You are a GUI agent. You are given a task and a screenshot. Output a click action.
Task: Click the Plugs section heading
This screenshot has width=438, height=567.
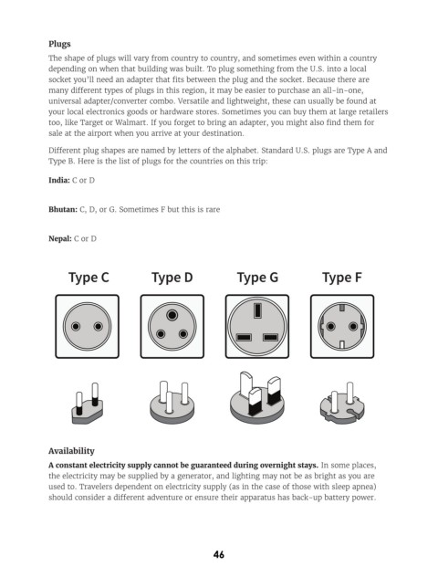(x=59, y=44)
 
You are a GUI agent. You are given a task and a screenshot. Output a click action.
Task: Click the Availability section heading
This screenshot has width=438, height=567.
(x=71, y=451)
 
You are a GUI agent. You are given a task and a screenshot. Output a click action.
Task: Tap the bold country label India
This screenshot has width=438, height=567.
(x=59, y=180)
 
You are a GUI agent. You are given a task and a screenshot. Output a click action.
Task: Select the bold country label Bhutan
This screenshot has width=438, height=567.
(x=63, y=209)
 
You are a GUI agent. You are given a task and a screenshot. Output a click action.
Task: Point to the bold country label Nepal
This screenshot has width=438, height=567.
(x=60, y=238)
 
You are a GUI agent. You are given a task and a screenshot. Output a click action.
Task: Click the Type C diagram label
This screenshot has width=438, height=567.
(x=89, y=278)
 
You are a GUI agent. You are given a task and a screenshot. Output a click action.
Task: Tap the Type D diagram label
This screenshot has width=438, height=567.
(x=172, y=278)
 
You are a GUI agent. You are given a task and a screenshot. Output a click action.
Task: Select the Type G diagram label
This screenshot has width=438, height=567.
(x=257, y=278)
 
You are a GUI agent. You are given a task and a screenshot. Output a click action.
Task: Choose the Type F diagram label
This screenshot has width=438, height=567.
(x=342, y=278)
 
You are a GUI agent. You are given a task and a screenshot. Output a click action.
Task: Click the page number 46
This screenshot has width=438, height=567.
(x=219, y=554)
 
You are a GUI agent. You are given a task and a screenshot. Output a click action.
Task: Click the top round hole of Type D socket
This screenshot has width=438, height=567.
(x=172, y=315)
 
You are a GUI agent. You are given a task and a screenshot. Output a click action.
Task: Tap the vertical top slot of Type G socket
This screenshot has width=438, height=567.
(x=257, y=310)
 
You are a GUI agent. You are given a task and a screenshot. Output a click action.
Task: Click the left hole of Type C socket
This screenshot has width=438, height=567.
(x=76, y=327)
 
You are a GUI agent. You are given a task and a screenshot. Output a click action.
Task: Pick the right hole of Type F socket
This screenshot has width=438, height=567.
(x=353, y=327)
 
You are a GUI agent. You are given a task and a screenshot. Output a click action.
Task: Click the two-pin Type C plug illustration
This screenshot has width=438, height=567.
(x=88, y=404)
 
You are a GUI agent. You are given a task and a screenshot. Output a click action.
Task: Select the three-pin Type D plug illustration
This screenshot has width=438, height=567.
(x=172, y=402)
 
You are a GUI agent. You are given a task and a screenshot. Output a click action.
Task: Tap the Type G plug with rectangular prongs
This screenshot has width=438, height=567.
(x=257, y=398)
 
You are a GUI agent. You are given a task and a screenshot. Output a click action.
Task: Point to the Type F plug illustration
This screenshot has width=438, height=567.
(x=342, y=403)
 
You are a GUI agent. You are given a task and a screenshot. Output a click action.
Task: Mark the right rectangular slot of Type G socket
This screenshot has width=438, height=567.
(x=270, y=338)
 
